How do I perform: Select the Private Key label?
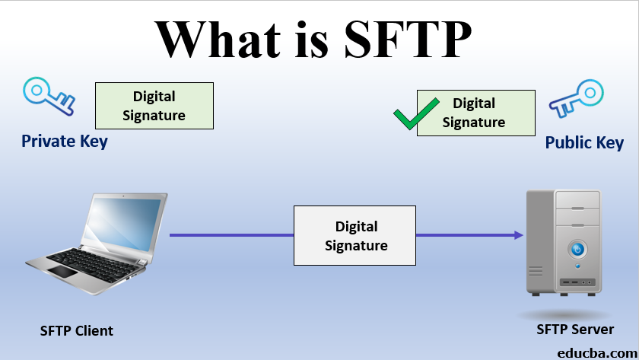[x=64, y=142]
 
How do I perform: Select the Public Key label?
[x=584, y=143]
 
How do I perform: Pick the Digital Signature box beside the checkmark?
[x=475, y=113]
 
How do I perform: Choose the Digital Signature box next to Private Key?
[x=154, y=106]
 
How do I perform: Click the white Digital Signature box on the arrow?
[x=355, y=236]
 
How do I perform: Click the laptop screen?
[x=123, y=225]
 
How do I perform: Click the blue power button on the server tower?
[x=577, y=250]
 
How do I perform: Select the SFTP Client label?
[x=76, y=331]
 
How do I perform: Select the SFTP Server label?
[x=574, y=330]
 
